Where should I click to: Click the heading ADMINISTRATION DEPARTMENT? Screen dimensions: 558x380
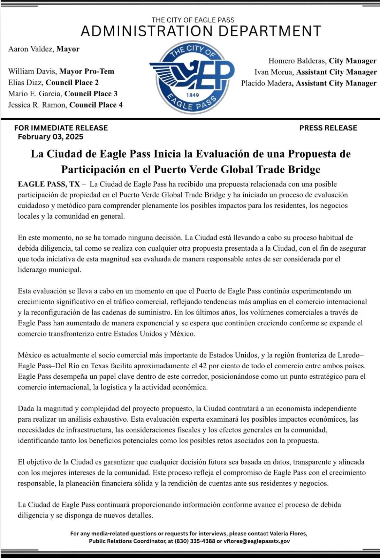click(x=200, y=31)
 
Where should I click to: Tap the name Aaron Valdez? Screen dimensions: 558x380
click(x=31, y=49)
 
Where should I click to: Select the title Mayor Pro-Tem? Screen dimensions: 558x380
click(x=87, y=71)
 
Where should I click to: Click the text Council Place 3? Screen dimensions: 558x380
click(x=91, y=94)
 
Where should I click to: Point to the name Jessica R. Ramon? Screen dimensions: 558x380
click(x=37, y=105)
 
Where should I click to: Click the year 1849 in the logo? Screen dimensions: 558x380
click(x=192, y=95)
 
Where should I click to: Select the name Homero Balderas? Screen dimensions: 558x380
click(x=297, y=61)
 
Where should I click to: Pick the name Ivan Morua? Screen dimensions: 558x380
click(x=274, y=72)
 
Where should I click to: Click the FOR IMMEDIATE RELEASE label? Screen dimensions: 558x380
click(x=61, y=128)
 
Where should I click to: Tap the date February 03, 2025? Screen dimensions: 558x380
click(x=51, y=137)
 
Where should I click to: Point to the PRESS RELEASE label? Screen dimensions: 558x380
click(x=328, y=128)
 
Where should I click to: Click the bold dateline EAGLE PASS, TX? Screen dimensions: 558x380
click(x=49, y=184)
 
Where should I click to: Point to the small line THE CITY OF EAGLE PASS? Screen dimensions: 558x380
click(x=193, y=20)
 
